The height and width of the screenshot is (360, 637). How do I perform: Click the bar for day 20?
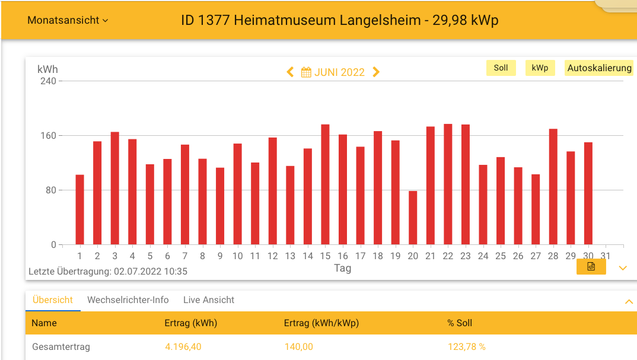[x=413, y=218]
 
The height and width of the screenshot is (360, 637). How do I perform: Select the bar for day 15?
[x=325, y=184]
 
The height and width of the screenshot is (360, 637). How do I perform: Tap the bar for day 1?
[x=79, y=209]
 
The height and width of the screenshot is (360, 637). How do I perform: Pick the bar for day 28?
[x=553, y=187]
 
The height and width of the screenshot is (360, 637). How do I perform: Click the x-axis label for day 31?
[x=605, y=256]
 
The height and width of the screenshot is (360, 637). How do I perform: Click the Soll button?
[x=501, y=68]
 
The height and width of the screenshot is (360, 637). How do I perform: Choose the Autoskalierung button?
[x=599, y=68]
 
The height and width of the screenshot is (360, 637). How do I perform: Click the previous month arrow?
[x=290, y=72]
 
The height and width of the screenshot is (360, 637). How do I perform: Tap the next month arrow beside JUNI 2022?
[x=376, y=72]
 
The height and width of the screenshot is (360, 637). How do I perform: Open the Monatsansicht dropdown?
[x=68, y=20]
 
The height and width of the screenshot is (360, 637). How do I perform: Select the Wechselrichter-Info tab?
[x=128, y=300]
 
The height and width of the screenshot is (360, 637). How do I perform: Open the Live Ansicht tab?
[x=209, y=300]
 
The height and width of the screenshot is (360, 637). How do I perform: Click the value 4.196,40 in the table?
[x=183, y=346]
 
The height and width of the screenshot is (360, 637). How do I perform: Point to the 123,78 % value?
[x=466, y=346]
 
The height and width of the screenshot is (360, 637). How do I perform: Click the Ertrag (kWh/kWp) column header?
[x=321, y=323]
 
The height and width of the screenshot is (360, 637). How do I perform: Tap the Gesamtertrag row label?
[x=60, y=346]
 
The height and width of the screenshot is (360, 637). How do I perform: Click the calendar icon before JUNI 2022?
[x=307, y=72]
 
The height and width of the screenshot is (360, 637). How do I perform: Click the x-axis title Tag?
[x=342, y=268]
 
